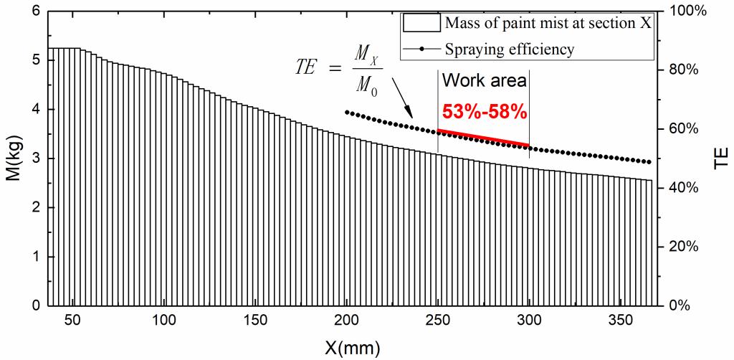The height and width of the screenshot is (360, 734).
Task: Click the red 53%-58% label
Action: pyautogui.click(x=484, y=112)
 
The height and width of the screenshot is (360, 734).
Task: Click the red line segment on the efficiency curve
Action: pyautogui.click(x=483, y=137)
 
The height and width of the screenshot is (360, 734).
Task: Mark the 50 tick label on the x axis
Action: pyautogui.click(x=74, y=321)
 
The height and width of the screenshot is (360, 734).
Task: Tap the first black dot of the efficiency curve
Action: pyautogui.click(x=347, y=112)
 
